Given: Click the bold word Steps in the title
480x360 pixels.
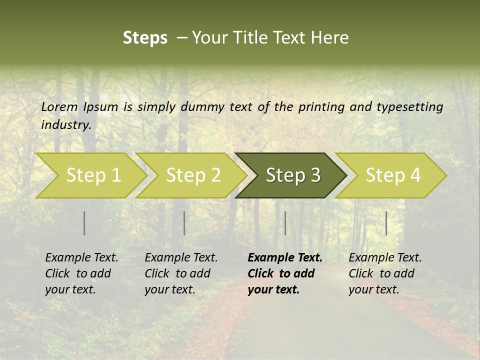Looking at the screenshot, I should click(145, 38).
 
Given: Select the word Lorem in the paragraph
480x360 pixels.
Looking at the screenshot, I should click(59, 106).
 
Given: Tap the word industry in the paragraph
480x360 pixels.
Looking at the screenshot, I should click(65, 124).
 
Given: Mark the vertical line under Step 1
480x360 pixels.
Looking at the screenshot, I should click(84, 223).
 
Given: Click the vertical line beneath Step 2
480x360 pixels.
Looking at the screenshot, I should click(184, 223).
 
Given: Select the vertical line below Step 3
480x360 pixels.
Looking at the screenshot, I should click(285, 223).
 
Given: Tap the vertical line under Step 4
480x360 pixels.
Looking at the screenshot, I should click(386, 223).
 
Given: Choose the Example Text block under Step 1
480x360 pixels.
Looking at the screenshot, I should click(81, 273).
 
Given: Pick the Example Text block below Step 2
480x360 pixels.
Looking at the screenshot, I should click(181, 273).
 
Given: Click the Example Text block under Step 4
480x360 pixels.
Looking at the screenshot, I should click(385, 273).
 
